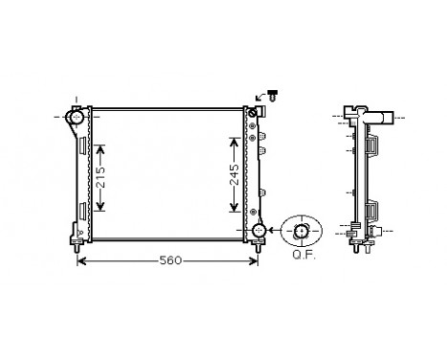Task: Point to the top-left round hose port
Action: (75, 117)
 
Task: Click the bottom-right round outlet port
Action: (258, 232)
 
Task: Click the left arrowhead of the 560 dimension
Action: (80, 260)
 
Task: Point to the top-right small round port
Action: (254, 117)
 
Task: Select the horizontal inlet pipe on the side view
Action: (381, 119)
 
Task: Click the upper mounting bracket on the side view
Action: (374, 149)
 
